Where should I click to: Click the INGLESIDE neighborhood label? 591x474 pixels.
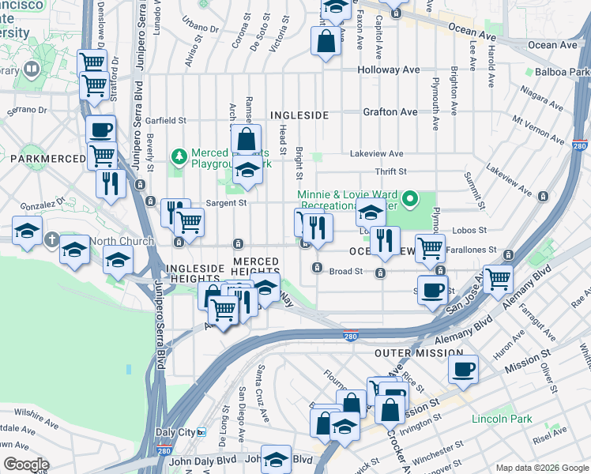299,115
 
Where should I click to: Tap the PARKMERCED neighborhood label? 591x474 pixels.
47,160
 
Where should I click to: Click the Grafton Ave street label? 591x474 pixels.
390,112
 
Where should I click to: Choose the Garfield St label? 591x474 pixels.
165,121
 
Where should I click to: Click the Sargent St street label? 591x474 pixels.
226,202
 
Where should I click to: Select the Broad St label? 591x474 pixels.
345,271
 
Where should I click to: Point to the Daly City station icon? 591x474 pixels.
201,432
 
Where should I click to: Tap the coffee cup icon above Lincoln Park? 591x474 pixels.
464,368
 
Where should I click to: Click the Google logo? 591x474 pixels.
26,465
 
